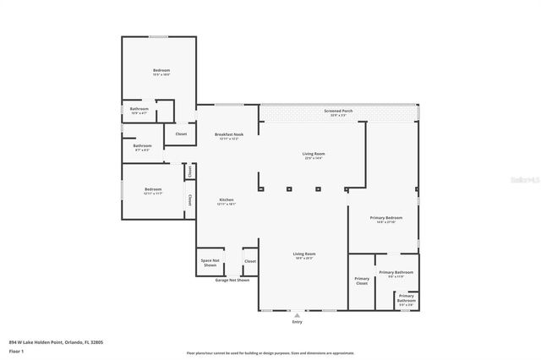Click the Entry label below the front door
coord(297,321)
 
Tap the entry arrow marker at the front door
coord(297,314)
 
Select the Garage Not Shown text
coord(232,280)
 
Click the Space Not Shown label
coord(210,261)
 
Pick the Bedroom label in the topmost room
coord(161,71)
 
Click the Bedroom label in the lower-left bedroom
coord(152,190)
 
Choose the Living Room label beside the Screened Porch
coord(313,155)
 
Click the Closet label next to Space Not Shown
coord(250,261)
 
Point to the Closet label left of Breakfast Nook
coord(181,134)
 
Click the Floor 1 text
coord(16,350)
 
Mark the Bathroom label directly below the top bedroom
coord(139,110)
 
